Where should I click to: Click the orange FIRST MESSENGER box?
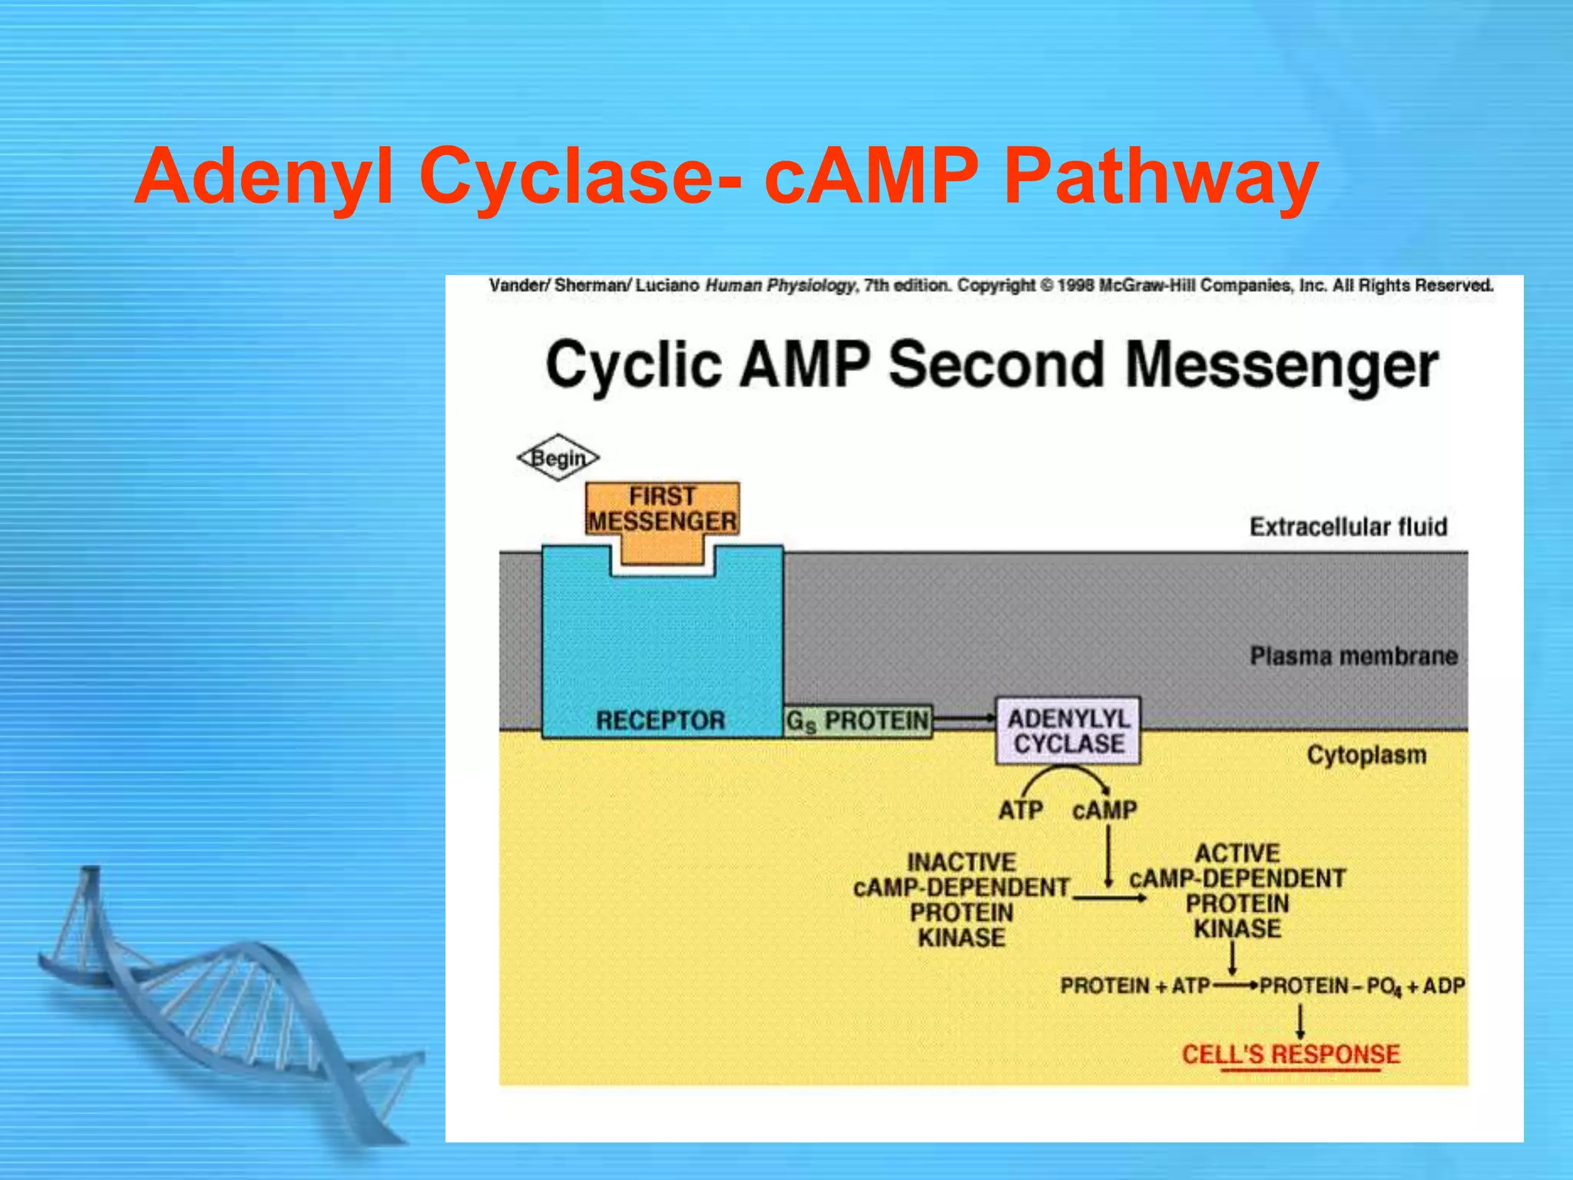662,509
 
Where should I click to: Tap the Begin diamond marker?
558,458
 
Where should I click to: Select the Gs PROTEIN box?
858,721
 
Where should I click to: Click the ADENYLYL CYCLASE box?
1068,731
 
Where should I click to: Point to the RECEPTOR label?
661,720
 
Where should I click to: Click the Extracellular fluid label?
1348,527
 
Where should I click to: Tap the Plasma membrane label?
1353,656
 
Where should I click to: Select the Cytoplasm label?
1366,754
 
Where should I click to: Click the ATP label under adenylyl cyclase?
1020,810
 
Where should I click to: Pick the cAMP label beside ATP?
1104,810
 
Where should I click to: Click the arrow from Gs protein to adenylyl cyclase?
964,719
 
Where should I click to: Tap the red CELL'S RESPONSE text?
1290,1054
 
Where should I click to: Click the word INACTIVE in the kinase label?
962,862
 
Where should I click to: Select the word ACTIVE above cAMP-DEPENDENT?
1237,853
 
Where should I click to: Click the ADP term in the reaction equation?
1444,986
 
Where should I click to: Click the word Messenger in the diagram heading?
1281,366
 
